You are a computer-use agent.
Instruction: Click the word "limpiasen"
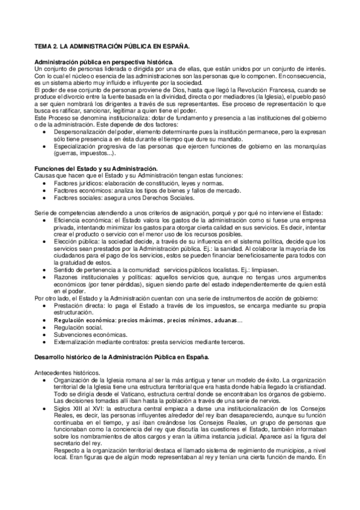tap(248, 270)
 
